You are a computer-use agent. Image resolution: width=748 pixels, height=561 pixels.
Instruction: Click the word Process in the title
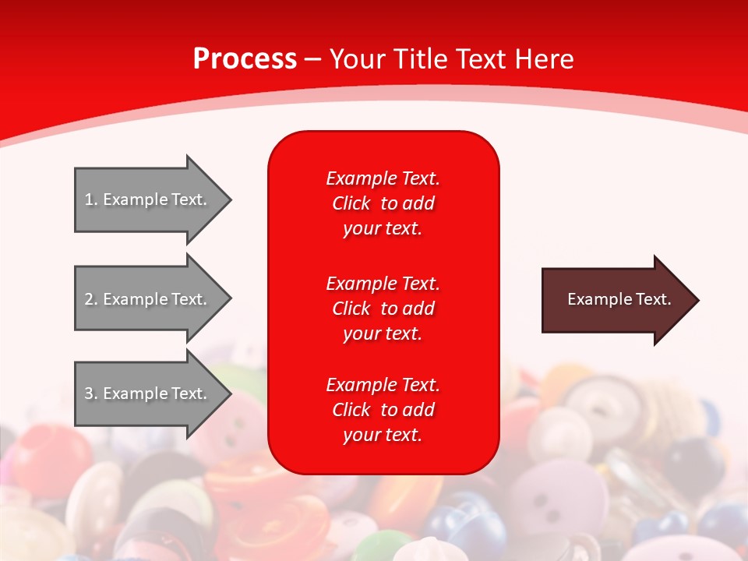(245, 58)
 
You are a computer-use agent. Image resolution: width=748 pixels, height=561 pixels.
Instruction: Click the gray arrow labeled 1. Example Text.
(146, 199)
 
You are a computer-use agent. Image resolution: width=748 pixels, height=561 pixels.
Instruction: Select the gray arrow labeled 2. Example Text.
(146, 299)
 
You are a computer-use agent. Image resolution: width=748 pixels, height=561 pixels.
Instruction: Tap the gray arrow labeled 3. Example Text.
(146, 393)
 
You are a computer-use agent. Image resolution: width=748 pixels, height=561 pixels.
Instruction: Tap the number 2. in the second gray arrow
(90, 299)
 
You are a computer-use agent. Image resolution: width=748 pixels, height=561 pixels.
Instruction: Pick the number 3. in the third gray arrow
(90, 393)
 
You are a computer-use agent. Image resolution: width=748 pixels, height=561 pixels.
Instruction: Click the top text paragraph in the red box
(383, 203)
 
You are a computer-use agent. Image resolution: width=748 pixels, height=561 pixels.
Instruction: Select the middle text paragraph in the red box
(383, 308)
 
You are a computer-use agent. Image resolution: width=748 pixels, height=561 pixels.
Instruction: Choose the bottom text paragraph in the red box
(383, 410)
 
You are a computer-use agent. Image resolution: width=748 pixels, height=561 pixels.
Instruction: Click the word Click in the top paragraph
(351, 203)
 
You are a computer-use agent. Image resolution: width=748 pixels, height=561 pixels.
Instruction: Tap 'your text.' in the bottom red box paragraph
(383, 435)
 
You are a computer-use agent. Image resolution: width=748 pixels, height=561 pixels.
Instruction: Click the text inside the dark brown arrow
(619, 299)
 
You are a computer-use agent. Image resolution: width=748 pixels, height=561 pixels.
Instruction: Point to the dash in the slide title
(312, 59)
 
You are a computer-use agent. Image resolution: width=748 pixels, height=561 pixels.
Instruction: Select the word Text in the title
(480, 58)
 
